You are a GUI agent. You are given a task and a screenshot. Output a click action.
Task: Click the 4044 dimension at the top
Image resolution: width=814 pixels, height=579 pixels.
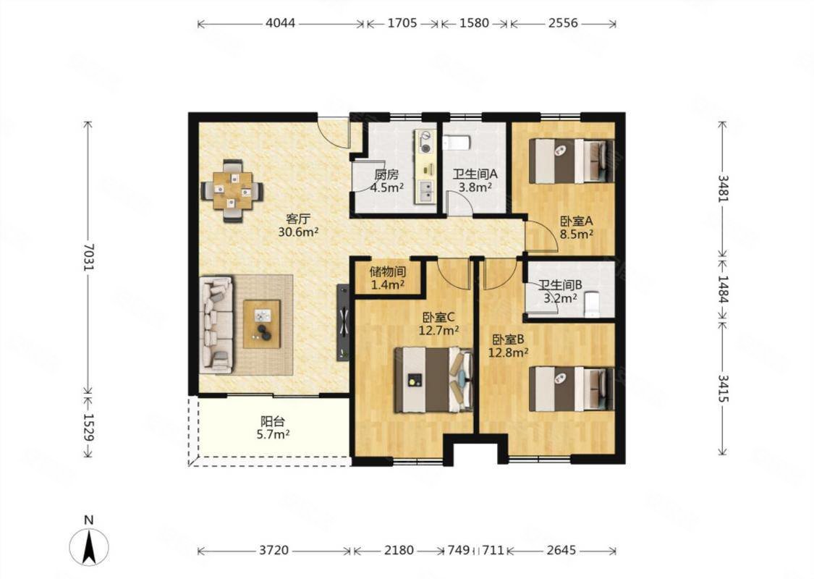point(281,23)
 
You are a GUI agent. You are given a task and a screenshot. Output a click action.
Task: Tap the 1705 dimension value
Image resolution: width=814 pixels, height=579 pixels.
point(402,23)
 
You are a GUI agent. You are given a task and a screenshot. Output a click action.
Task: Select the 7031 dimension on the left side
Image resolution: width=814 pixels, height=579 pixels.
point(88,255)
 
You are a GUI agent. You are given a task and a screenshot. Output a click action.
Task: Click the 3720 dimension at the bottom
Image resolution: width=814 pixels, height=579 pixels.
point(274,551)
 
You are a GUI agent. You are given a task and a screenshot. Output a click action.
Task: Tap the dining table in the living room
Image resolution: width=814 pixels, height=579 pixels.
point(232,190)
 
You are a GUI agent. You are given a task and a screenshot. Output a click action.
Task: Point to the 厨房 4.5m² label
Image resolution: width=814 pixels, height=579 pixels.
point(386,181)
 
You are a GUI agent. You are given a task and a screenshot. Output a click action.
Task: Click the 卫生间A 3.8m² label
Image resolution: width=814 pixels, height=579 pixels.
point(475,180)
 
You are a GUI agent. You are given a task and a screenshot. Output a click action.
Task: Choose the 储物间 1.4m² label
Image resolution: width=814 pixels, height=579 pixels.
point(387,278)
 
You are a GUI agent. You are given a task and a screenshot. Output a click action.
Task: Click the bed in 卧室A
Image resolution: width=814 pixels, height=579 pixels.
point(572,161)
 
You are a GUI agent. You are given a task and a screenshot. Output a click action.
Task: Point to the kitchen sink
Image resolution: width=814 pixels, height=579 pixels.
point(427,190)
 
